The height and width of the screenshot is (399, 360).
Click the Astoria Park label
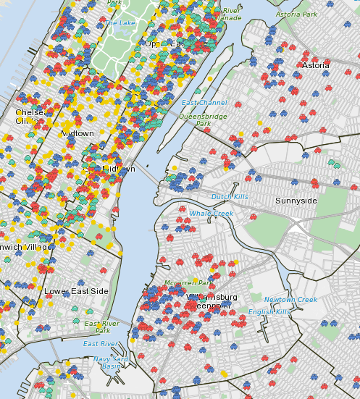(x=297, y=14)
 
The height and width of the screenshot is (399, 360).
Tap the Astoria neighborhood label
(x=315, y=65)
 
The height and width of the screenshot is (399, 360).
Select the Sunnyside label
(x=296, y=200)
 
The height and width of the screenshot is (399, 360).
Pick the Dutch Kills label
(x=230, y=197)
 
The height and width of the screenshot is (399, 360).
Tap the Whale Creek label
(x=212, y=213)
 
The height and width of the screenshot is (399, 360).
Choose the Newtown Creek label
(x=290, y=300)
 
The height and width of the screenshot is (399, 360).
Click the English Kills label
(x=269, y=311)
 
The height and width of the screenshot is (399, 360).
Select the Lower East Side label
(x=76, y=291)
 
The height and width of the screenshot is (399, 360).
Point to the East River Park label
(x=101, y=327)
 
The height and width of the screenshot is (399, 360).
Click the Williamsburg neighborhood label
(x=212, y=297)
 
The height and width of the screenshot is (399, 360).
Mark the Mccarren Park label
(x=188, y=283)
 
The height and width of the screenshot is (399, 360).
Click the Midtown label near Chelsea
(x=77, y=133)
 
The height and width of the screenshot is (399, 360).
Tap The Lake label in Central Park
(x=120, y=22)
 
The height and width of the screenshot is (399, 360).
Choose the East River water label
(x=100, y=343)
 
